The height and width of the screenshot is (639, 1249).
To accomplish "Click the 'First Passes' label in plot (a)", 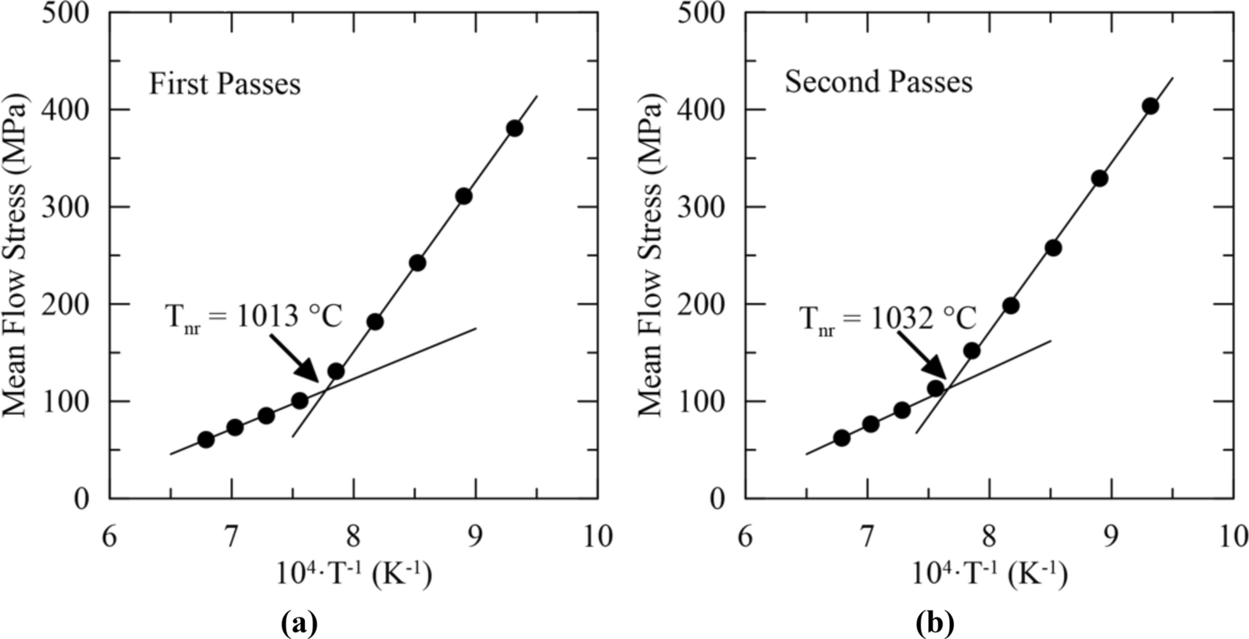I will pos(225,86).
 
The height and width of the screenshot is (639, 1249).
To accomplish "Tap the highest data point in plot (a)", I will pos(514,128).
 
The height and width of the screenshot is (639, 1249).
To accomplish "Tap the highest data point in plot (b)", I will pos(1150,106).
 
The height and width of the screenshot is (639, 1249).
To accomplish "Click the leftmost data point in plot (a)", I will pos(206,439).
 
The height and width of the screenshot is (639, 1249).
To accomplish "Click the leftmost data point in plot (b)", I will pos(842,437).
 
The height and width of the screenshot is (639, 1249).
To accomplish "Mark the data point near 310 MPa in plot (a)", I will pos(464,196).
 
